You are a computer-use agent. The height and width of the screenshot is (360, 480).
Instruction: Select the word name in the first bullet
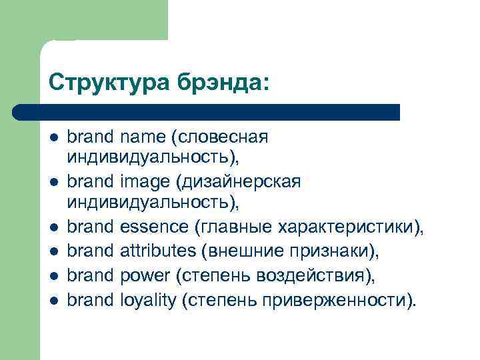(143, 137)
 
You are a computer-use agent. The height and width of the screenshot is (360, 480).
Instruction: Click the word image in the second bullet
(143, 181)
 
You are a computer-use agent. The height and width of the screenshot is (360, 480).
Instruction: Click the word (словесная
(219, 137)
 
